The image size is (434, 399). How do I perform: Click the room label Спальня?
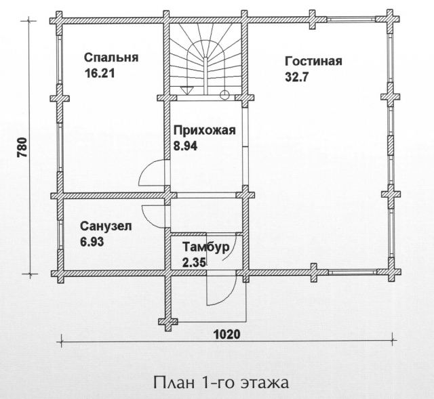(x=111, y=58)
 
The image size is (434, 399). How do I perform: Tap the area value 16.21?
(x=100, y=74)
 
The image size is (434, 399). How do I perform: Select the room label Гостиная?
(x=313, y=61)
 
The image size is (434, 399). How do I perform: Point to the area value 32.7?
(x=296, y=77)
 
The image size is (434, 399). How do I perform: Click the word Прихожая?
(x=205, y=130)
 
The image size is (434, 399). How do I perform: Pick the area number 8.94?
(x=185, y=146)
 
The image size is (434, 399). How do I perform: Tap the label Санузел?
(x=106, y=226)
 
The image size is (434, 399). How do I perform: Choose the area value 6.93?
(x=92, y=242)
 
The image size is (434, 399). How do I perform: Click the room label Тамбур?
(x=206, y=247)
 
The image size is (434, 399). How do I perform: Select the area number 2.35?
(x=194, y=262)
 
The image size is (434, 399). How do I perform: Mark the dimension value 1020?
(x=227, y=335)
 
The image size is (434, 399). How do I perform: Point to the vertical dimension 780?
(x=22, y=147)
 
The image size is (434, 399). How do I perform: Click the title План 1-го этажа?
(x=221, y=383)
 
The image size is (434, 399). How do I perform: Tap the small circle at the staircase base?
(x=224, y=95)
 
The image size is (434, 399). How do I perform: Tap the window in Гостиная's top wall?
(x=351, y=19)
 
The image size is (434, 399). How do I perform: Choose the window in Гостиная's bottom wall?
(x=353, y=272)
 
